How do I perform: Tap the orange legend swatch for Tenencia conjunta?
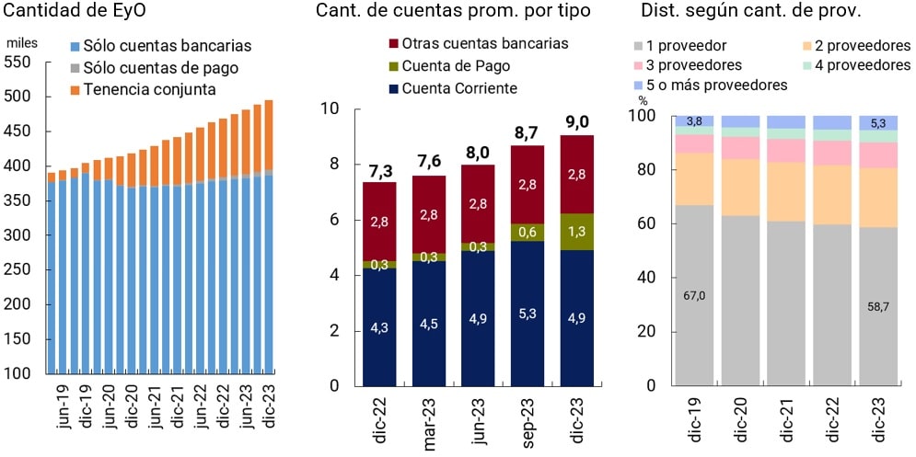(75, 89)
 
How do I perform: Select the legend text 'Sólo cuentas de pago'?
(160, 67)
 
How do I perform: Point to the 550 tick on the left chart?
(18, 63)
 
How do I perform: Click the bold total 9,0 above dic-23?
(577, 121)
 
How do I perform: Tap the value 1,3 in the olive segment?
(577, 231)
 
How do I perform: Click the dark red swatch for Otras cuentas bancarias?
(395, 44)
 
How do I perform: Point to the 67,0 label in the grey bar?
(694, 295)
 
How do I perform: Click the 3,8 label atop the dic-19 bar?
(694, 120)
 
